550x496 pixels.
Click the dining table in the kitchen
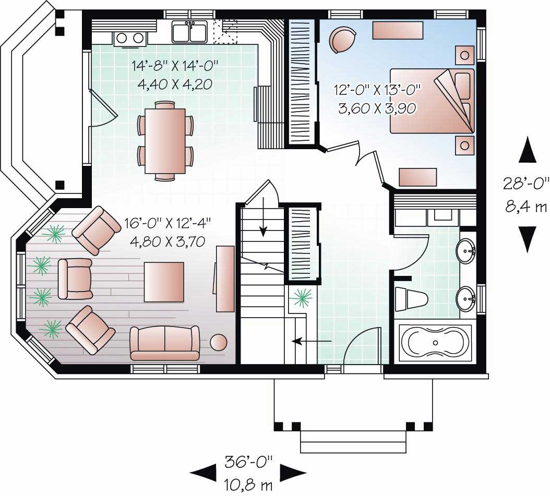[x=165, y=140]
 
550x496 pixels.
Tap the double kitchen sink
[x=189, y=32]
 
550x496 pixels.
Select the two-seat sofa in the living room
[x=165, y=343]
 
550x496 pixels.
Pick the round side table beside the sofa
[x=218, y=343]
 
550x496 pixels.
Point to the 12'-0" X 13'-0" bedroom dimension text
[x=377, y=88]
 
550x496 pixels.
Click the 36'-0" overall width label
[x=249, y=461]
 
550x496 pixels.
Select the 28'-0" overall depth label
[x=526, y=184]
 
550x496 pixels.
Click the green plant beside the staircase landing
[x=302, y=298]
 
